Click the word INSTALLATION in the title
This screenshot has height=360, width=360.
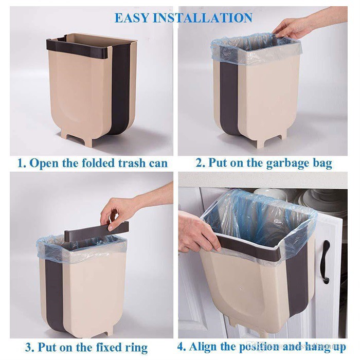(203, 18)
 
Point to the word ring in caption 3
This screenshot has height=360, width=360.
(136, 348)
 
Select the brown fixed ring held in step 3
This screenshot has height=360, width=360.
(97, 231)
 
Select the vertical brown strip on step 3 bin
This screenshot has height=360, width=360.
(55, 294)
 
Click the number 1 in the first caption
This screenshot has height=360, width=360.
(21, 164)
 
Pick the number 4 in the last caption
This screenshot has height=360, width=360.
(181, 347)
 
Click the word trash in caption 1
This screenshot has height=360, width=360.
(132, 163)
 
